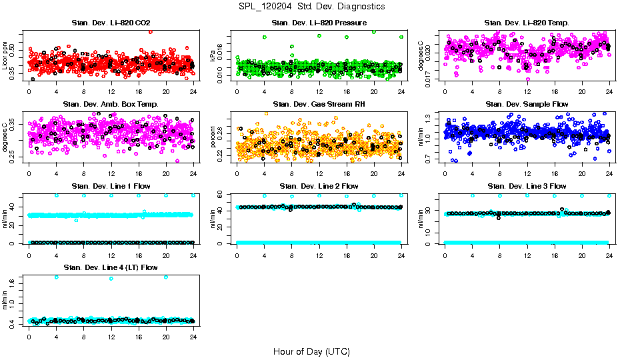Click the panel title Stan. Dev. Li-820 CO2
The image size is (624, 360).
110,23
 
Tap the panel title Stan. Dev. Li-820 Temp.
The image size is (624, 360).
527,23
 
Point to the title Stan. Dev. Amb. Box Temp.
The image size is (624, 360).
110,104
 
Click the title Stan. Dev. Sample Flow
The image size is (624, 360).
527,104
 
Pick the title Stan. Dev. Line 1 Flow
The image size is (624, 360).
110,186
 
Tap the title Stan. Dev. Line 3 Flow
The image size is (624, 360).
527,186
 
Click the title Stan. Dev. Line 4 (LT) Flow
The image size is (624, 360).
110,267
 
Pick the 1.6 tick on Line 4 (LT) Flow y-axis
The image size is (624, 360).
15,283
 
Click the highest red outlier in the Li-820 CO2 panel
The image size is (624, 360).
151,31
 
